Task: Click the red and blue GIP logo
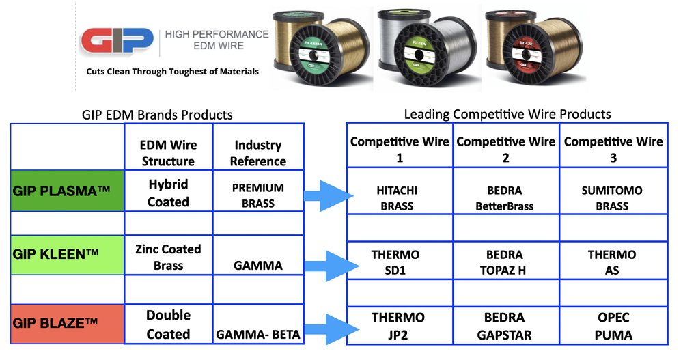(x=115, y=42)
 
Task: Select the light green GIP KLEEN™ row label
(x=66, y=255)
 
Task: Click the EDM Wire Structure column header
(x=168, y=152)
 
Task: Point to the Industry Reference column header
(x=257, y=152)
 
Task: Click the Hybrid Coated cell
(x=168, y=193)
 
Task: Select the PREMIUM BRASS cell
(x=257, y=195)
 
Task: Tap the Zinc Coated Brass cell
(x=168, y=257)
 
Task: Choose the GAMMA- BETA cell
(x=257, y=335)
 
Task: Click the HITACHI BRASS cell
(x=398, y=198)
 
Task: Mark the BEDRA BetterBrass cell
(x=505, y=198)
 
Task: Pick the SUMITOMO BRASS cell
(x=612, y=198)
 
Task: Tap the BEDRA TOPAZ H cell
(x=505, y=262)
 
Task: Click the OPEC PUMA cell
(x=613, y=327)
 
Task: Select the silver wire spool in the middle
(x=418, y=48)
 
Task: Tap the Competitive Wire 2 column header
(x=505, y=149)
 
